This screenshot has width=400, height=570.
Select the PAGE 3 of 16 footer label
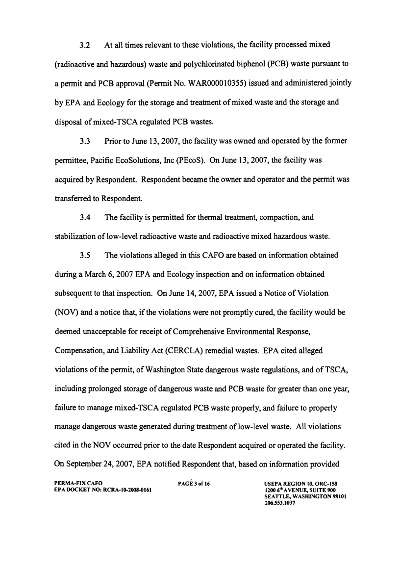194,483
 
